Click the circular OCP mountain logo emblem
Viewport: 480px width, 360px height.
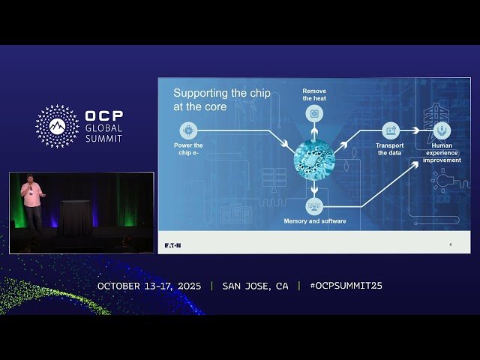(57, 126)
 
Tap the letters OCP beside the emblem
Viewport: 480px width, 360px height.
(104, 117)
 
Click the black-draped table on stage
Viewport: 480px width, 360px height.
(74, 217)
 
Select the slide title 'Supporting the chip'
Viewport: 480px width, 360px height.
(210, 94)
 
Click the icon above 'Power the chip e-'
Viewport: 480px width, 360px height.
(187, 130)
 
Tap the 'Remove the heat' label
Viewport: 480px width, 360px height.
(314, 94)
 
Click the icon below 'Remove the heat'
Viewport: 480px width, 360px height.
(314, 114)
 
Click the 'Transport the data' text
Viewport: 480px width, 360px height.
(389, 149)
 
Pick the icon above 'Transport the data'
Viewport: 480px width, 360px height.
(389, 130)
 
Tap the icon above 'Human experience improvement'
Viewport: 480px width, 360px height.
(442, 130)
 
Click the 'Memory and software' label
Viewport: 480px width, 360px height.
(314, 221)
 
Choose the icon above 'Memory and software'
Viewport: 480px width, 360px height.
(314, 205)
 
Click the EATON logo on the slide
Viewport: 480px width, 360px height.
(172, 245)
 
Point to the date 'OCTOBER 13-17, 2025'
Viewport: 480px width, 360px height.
(149, 286)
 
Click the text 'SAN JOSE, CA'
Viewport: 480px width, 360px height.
(255, 286)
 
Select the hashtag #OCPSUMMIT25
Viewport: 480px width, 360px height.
(346, 286)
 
